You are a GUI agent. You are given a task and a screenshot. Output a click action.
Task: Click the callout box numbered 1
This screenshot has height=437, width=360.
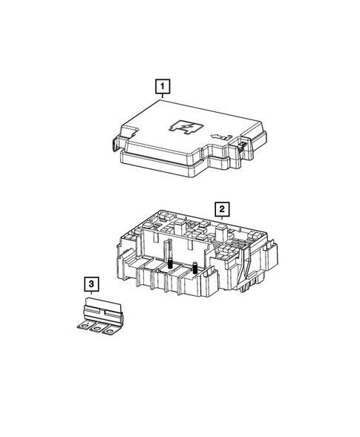(x=160, y=87)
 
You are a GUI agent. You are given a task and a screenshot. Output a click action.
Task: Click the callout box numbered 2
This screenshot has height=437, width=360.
(x=220, y=208)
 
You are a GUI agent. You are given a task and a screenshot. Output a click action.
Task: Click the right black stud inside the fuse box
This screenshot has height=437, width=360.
(x=194, y=271)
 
